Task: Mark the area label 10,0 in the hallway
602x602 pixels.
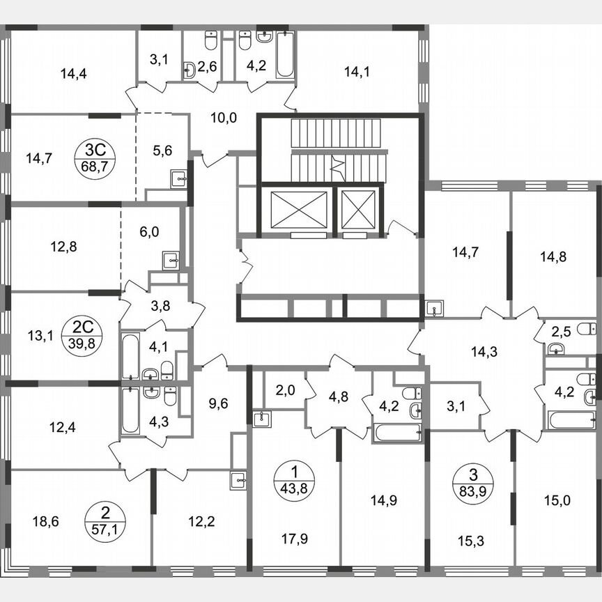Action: (x=224, y=117)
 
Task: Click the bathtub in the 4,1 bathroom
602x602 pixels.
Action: (x=130, y=357)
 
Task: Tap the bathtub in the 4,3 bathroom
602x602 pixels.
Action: (x=130, y=410)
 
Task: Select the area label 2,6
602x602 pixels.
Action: (x=207, y=67)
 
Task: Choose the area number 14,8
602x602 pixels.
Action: (x=553, y=256)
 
